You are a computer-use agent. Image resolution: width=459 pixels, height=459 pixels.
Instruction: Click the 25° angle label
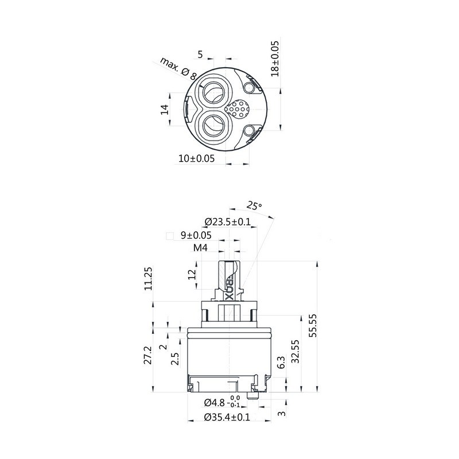(x=254, y=205)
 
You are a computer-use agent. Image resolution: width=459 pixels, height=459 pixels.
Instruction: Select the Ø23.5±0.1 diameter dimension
(x=228, y=221)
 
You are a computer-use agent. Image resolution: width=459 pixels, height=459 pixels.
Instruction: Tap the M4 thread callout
(x=200, y=248)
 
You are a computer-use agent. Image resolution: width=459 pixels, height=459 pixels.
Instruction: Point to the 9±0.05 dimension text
(x=196, y=235)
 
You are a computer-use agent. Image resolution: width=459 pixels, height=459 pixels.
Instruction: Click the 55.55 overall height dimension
(x=313, y=325)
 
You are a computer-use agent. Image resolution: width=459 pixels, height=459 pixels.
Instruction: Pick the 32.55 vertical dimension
(x=295, y=351)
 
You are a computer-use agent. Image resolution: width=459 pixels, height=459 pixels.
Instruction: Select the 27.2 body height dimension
(x=148, y=355)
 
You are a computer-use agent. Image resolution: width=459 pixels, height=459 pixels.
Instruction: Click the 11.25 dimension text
(x=149, y=278)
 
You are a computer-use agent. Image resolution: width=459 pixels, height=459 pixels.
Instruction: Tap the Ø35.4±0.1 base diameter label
(x=227, y=417)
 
